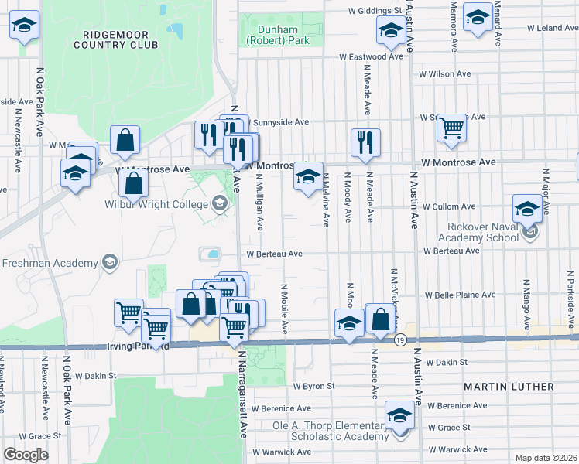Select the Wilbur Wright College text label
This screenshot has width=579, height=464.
click(x=157, y=205)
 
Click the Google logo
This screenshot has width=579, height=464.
click(x=26, y=455)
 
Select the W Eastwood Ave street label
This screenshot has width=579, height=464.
click(x=372, y=56)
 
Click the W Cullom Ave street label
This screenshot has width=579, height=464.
click(x=447, y=206)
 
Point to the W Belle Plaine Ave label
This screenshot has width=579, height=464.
click(x=460, y=295)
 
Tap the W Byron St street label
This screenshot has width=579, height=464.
click(x=313, y=385)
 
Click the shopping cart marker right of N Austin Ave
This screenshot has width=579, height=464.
click(x=451, y=129)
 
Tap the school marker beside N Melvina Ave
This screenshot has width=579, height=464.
click(x=307, y=179)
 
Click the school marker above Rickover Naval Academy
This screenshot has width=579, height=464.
click(x=527, y=208)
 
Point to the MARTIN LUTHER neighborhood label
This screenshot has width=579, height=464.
click(x=509, y=386)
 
